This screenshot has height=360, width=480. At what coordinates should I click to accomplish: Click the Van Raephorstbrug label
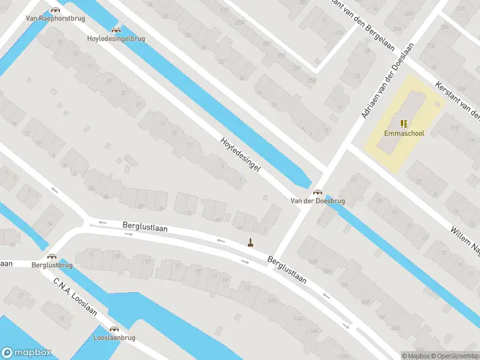(x=55, y=19)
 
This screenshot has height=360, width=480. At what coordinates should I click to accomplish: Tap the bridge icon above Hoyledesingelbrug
(x=116, y=29)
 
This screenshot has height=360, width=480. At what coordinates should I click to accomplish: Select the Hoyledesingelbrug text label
(x=116, y=39)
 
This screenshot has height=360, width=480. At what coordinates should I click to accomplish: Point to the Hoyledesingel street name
(x=241, y=155)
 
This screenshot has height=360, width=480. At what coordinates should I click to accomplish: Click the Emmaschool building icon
(x=404, y=123)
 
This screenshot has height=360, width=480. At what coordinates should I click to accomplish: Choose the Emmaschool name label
(x=404, y=133)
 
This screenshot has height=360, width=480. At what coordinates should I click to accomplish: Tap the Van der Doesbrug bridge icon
(x=317, y=192)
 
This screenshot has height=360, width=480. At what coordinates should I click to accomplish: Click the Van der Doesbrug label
(x=317, y=202)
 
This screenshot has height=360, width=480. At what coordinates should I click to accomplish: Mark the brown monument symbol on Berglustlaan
(x=250, y=242)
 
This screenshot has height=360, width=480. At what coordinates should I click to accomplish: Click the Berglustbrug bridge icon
(x=52, y=256)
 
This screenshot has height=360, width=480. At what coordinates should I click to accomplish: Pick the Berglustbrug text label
(x=52, y=265)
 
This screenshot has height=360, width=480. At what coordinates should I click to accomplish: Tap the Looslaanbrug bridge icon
(x=114, y=328)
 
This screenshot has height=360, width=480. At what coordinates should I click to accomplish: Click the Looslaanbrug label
(x=114, y=338)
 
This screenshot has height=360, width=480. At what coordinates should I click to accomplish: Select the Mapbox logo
(x=26, y=353)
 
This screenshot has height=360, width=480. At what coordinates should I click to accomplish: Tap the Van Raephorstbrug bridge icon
(x=55, y=10)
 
